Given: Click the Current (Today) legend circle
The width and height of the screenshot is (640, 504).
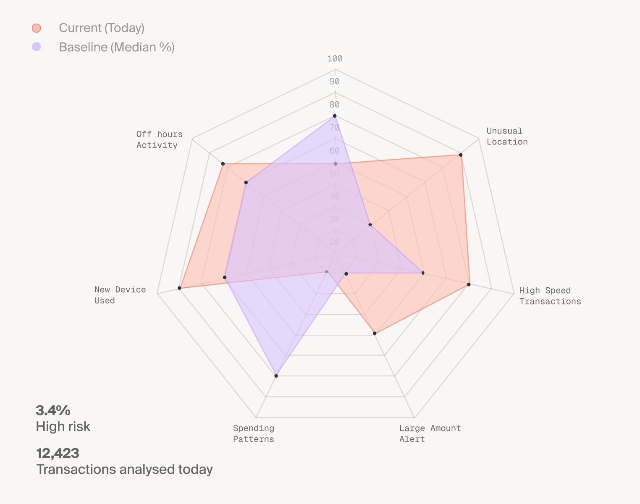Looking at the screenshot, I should (37, 28).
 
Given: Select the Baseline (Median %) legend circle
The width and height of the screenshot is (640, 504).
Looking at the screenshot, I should (37, 47).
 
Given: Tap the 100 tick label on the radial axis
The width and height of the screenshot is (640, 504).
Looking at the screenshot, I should (335, 59).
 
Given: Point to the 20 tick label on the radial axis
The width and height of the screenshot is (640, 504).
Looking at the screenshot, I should (335, 242).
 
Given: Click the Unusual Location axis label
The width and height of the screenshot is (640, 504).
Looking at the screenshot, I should (507, 136).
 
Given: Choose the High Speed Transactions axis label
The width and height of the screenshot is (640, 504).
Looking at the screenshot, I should (550, 296).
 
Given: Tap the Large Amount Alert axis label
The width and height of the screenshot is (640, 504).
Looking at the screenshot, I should (430, 433).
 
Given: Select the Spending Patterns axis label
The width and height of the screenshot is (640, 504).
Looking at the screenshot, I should (253, 433).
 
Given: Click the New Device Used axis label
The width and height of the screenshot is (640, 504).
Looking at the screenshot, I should (120, 295).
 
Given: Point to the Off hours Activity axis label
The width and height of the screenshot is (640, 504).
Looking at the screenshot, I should (159, 139).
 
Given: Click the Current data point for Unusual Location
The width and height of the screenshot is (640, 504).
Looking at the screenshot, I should (461, 155).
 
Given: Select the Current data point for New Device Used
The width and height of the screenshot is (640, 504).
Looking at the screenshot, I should (179, 288).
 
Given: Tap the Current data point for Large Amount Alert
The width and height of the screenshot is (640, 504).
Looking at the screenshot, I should (375, 333).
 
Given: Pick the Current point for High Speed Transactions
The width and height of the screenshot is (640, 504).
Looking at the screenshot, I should (469, 285).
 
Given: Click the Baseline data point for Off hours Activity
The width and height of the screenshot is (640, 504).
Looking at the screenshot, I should (246, 182).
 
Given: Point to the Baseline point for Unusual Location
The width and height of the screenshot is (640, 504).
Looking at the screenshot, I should (370, 225).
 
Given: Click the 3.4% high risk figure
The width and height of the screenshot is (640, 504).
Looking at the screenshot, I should (53, 410).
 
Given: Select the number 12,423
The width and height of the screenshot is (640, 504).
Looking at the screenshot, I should (58, 453).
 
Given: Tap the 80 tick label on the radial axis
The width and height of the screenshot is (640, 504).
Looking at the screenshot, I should (335, 105).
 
